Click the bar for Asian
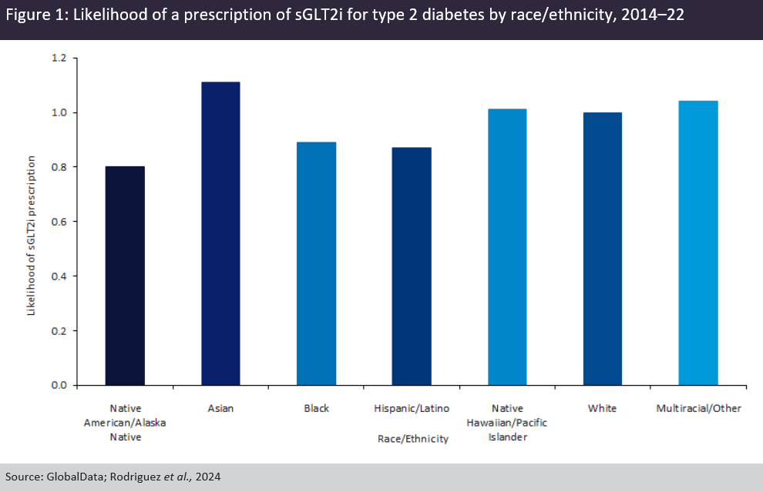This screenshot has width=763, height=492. click(x=220, y=233)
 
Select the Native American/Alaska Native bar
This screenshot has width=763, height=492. click(x=125, y=275)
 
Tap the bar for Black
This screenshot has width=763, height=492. click(x=316, y=263)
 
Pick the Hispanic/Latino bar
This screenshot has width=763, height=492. click(x=412, y=266)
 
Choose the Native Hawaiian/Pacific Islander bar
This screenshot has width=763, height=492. click(x=507, y=246)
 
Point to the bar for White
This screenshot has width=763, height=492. click(x=603, y=249)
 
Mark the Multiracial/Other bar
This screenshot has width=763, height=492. click(x=698, y=243)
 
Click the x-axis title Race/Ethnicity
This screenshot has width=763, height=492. click(x=412, y=439)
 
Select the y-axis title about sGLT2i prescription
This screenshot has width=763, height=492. click(x=32, y=236)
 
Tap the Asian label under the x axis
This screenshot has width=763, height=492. click(x=220, y=408)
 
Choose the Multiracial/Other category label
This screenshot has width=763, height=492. click(x=698, y=408)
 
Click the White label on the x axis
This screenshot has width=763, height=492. click(x=603, y=408)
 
